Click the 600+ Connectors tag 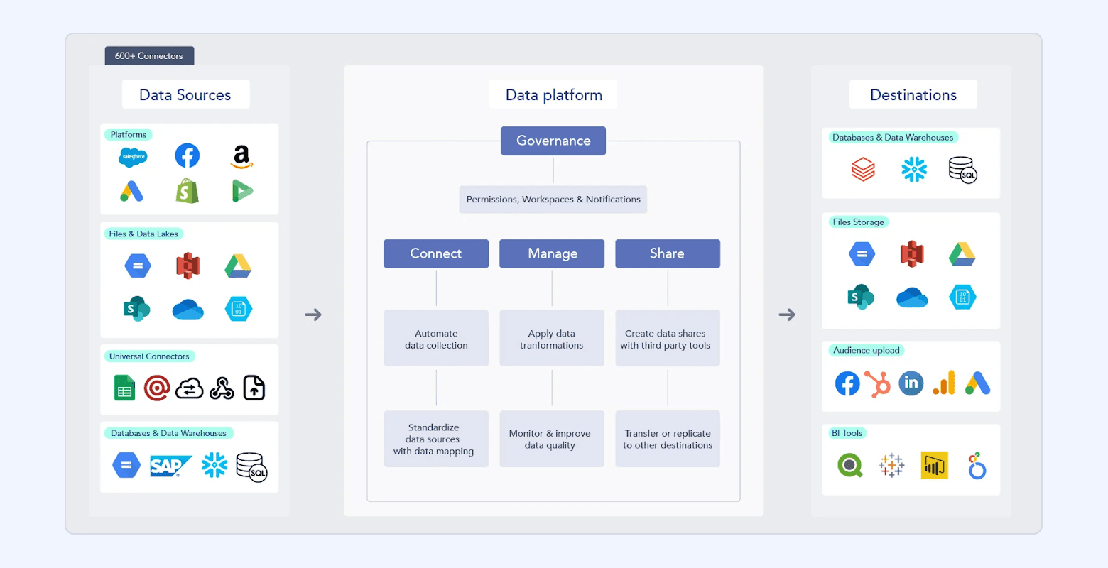[149, 56]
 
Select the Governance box [553, 141]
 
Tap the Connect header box [436, 253]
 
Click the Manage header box [552, 253]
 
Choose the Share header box [668, 253]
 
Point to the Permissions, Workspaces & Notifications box [553, 200]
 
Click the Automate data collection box [436, 339]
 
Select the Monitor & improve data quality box [552, 439]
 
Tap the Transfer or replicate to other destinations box [668, 439]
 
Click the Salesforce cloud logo [133, 157]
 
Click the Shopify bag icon [188, 191]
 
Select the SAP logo [170, 466]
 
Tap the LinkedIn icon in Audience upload [911, 383]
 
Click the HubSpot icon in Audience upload [879, 384]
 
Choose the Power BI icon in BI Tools [934, 466]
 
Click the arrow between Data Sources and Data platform [313, 315]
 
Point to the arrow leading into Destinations [787, 315]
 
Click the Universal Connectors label [149, 356]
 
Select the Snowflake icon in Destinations [914, 169]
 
